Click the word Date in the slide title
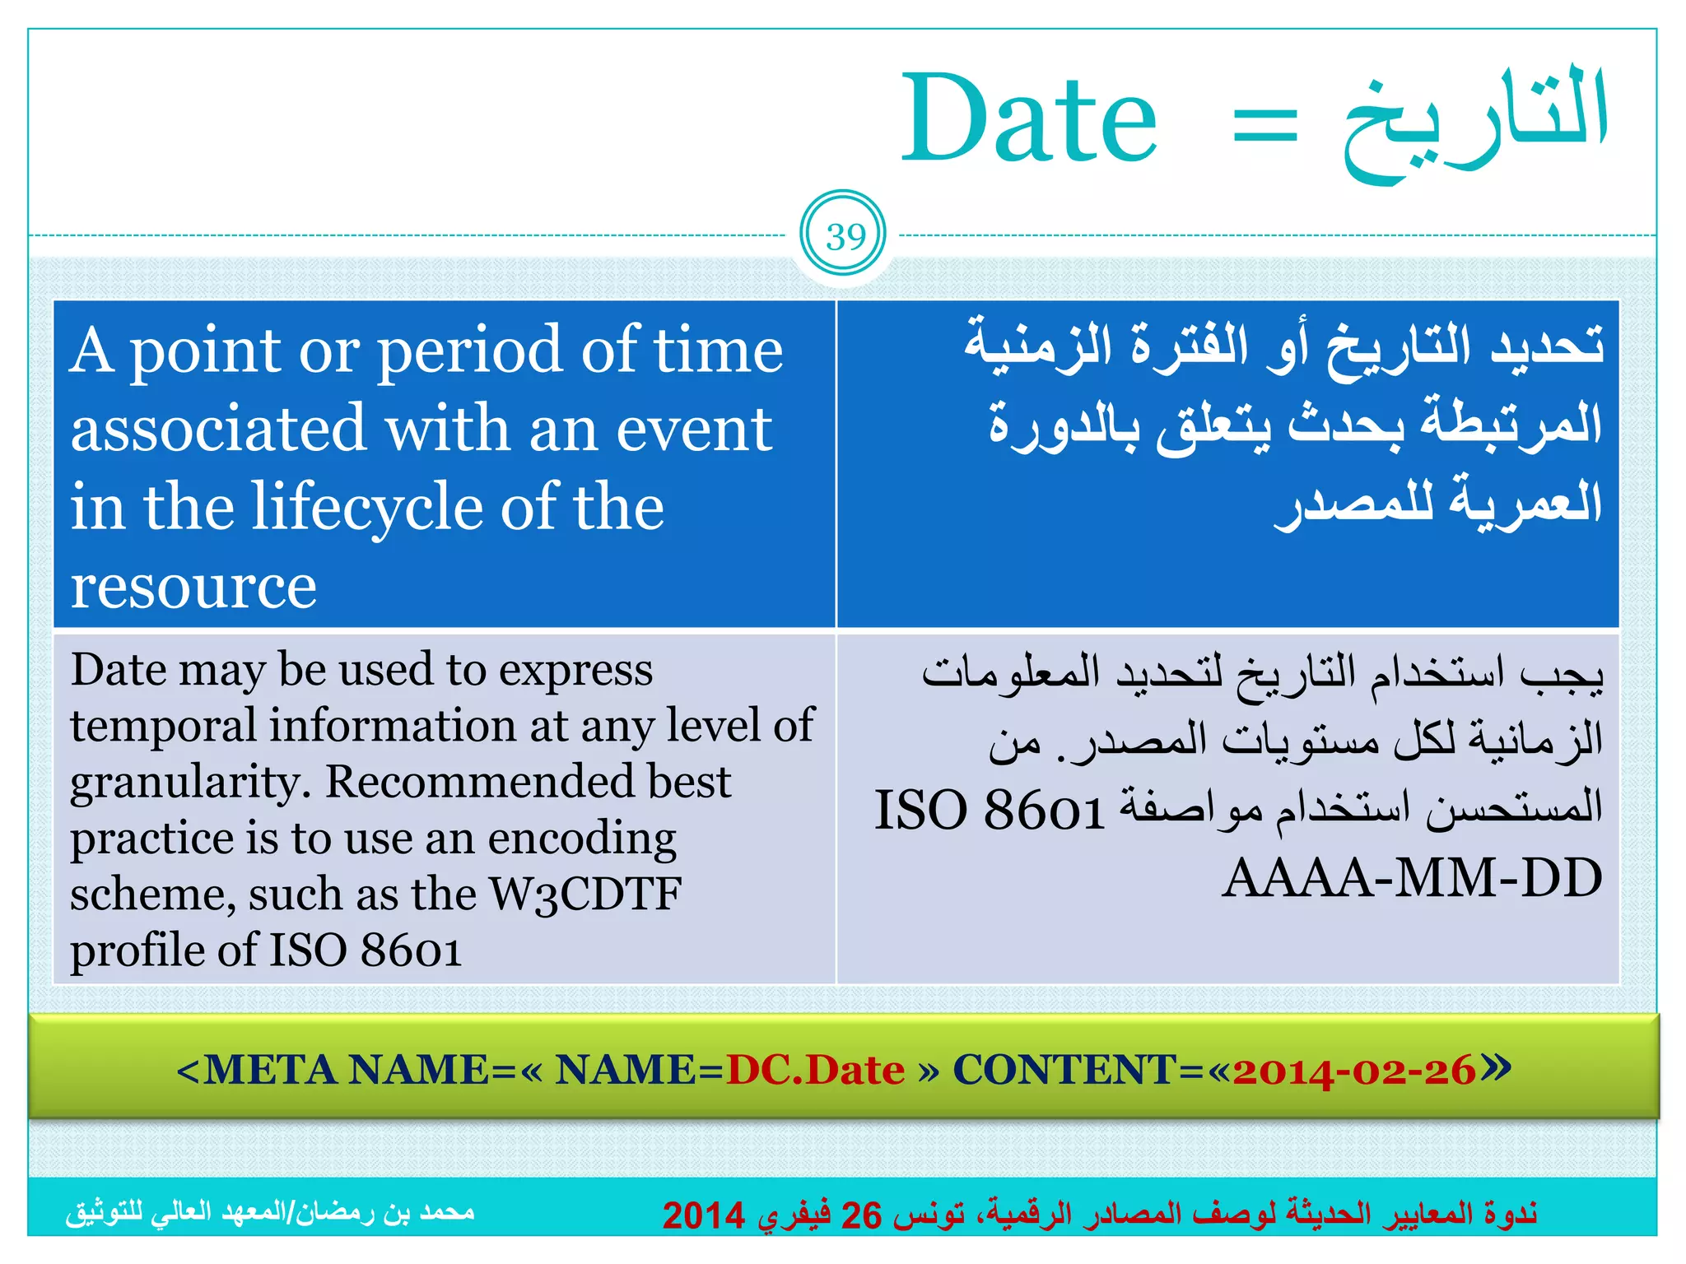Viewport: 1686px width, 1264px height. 1030,119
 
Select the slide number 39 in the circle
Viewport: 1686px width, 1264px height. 845,237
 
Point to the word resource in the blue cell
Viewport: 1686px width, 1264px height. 193,587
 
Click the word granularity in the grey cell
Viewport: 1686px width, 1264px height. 190,783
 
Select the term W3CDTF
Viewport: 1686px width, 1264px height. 585,894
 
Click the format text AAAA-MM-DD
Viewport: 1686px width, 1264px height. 1412,878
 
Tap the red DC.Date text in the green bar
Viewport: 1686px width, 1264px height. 815,1070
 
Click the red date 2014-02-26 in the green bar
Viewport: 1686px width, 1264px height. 1354,1071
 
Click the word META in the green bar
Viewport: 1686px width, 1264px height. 271,1070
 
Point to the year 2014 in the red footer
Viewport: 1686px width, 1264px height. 704,1215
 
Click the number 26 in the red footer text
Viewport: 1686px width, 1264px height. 861,1215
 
